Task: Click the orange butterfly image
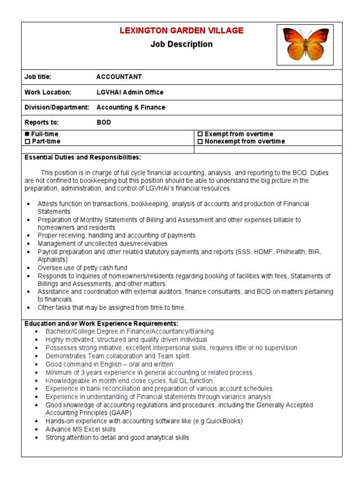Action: [305, 45]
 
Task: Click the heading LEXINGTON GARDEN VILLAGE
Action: [181, 30]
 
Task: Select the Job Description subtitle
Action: [181, 45]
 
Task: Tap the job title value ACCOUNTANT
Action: [119, 77]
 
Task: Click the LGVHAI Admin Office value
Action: [130, 92]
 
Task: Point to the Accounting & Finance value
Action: [131, 107]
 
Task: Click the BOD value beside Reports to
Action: [104, 122]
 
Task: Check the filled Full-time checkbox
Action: [27, 134]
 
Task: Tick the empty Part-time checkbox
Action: [27, 141]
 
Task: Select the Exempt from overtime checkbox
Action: [200, 134]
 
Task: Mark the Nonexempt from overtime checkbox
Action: [200, 141]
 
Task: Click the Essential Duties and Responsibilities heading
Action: [82, 157]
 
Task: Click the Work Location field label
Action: [48, 92]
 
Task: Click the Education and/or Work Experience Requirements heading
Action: [101, 323]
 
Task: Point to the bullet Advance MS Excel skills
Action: [81, 429]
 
